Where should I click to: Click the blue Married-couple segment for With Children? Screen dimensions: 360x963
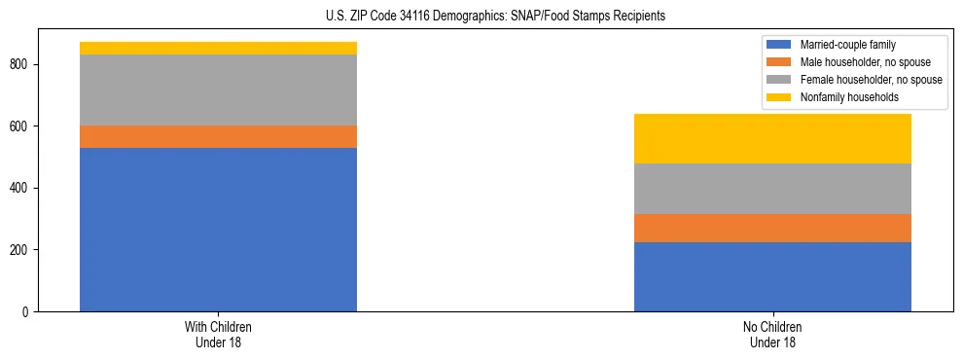tap(218, 230)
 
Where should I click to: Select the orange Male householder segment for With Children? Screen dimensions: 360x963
tap(218, 136)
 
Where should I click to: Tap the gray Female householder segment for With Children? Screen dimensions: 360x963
tap(218, 90)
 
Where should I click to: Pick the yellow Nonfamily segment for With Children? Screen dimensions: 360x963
tap(218, 48)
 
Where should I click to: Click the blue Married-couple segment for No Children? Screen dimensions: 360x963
tap(772, 276)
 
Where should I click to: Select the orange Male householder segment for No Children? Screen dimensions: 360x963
tap(772, 228)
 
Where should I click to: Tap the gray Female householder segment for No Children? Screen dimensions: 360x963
tap(772, 189)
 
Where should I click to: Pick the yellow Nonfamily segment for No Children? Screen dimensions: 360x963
tap(772, 138)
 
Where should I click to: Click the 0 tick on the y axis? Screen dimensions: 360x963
tap(27, 312)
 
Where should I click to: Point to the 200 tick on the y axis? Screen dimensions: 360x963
tap(21, 250)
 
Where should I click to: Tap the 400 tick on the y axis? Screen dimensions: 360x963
tap(21, 188)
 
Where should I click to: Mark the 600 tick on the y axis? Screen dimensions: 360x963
tap(21, 126)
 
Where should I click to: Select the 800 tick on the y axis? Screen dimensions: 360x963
tap(21, 64)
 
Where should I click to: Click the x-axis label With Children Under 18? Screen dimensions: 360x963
tap(218, 334)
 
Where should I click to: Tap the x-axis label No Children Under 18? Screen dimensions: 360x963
tap(772, 334)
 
